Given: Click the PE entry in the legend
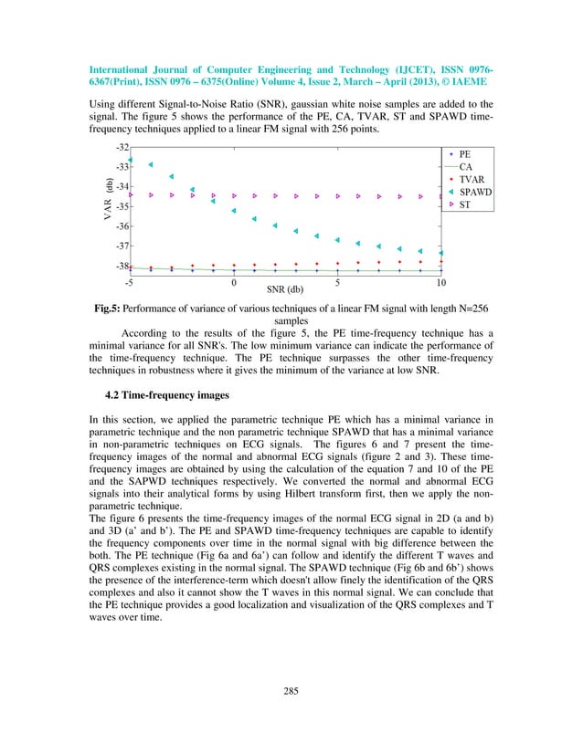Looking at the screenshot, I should click(x=464, y=155).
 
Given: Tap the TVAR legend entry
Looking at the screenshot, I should click(x=471, y=181).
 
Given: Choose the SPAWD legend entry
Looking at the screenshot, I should click(x=474, y=194).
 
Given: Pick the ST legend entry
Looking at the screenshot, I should click(x=464, y=206).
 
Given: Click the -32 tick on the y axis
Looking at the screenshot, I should click(x=121, y=147).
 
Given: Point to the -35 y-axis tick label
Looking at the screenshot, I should click(x=121, y=206).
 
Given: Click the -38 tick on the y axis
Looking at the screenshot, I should click(x=121, y=267).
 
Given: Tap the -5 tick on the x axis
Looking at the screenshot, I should click(x=130, y=282).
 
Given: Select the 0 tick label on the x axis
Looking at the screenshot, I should click(x=234, y=282).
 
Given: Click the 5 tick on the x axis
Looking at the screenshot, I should click(x=338, y=282).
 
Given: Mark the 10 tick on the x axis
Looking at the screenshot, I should click(x=441, y=282).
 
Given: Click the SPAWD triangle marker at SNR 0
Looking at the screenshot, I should click(x=234, y=211).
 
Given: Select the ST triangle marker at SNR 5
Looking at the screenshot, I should click(x=338, y=195).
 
